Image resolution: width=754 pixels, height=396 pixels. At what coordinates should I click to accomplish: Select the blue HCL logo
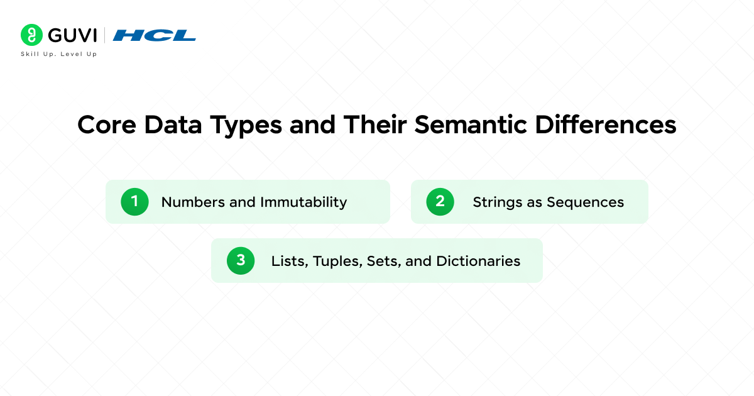point(155,35)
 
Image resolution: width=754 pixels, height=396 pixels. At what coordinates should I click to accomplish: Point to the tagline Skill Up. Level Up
point(59,54)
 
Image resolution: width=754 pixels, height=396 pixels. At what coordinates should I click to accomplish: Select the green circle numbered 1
point(134,202)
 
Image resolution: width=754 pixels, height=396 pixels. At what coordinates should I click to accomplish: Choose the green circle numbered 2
point(440,202)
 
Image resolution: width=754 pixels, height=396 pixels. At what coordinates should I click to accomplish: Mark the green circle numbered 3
point(241,261)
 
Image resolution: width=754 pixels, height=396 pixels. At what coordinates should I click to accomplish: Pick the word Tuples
point(332,261)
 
